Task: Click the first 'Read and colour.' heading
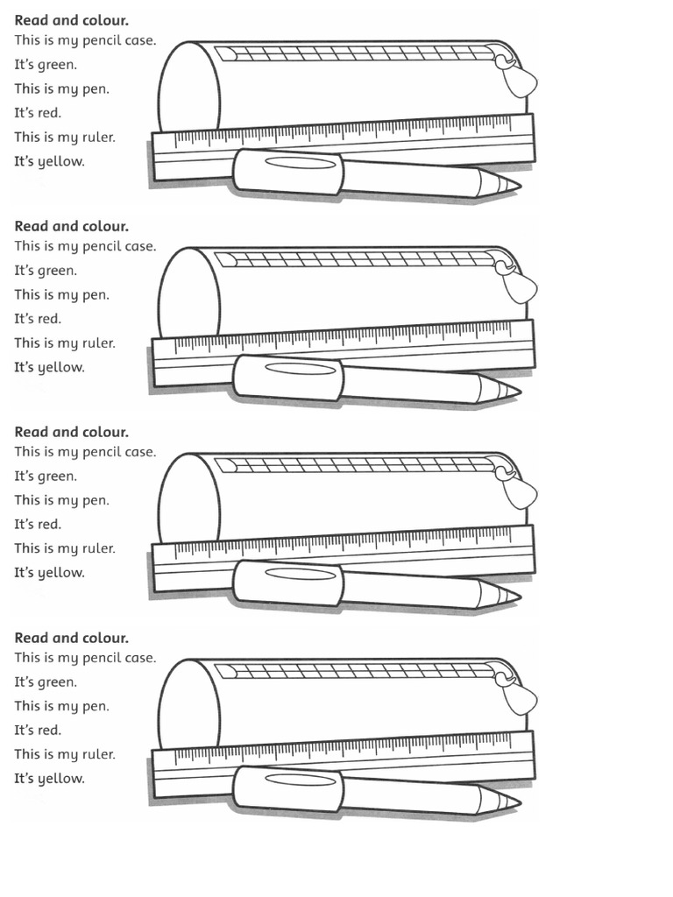(x=71, y=19)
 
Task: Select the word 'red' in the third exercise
(x=49, y=525)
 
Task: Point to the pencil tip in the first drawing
(x=508, y=185)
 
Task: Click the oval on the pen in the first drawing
(x=300, y=163)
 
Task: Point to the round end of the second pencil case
(x=188, y=293)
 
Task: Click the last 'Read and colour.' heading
(x=71, y=638)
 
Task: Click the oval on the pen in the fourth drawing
(x=300, y=780)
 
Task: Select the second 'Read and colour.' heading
(x=71, y=226)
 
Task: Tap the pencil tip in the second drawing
(x=508, y=391)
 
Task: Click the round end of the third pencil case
(x=188, y=498)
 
